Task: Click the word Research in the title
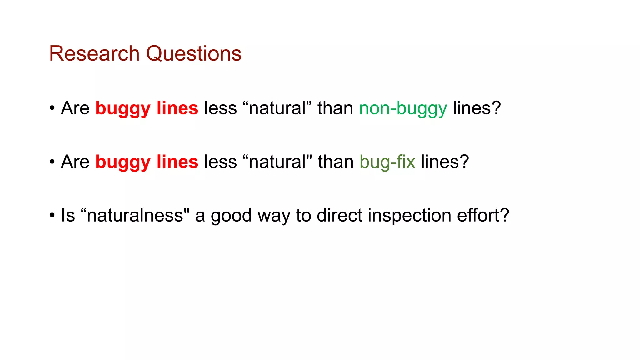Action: click(94, 53)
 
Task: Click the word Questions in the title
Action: click(194, 54)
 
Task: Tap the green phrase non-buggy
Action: click(403, 109)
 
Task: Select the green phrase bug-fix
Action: click(387, 162)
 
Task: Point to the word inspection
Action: click(409, 216)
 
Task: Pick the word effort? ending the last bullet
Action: click(483, 215)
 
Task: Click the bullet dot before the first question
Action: click(52, 108)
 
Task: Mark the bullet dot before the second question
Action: click(52, 162)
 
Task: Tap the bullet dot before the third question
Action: click(52, 215)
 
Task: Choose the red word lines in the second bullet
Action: click(177, 162)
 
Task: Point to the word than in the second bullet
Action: click(336, 162)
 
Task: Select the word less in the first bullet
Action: click(220, 108)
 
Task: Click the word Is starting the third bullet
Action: click(68, 215)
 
